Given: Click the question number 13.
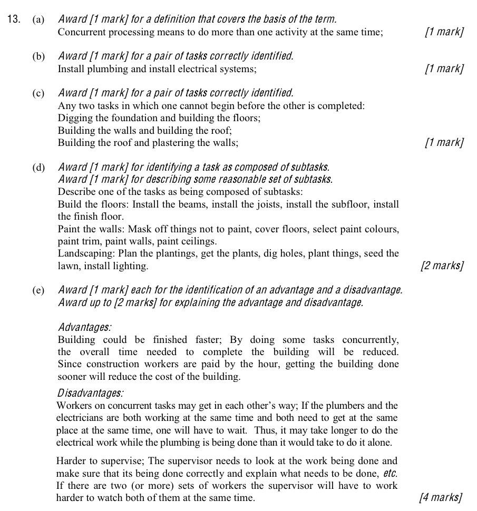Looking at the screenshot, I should tap(14, 19).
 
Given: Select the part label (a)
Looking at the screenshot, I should tap(38, 20).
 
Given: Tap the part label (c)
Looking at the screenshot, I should tap(38, 94).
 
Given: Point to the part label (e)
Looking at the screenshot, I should tap(38, 290).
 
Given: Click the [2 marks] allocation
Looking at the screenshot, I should tap(442, 266).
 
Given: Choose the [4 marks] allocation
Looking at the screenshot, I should tap(441, 497).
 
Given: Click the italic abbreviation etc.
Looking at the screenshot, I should tap(390, 473).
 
